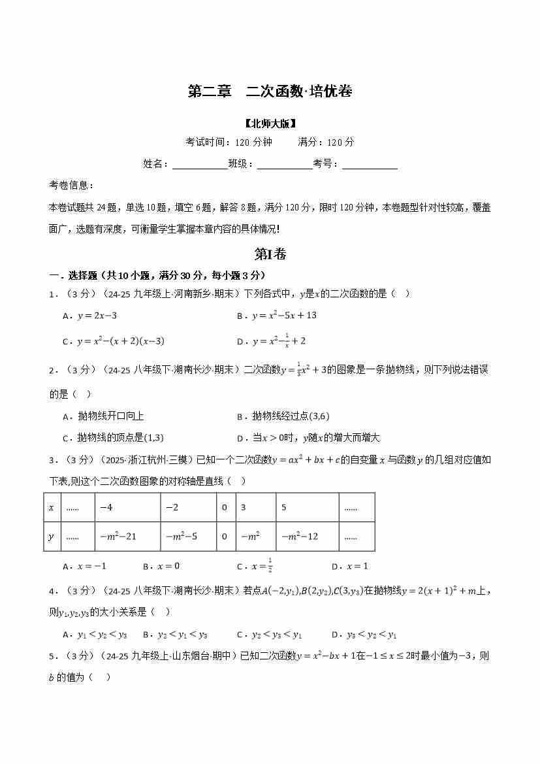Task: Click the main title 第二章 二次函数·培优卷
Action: click(270, 92)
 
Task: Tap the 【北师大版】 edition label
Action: click(270, 123)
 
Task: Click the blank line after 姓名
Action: click(199, 164)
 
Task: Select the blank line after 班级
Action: click(284, 164)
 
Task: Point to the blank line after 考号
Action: click(370, 164)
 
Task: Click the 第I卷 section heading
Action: click(270, 254)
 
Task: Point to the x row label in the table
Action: click(52, 507)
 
